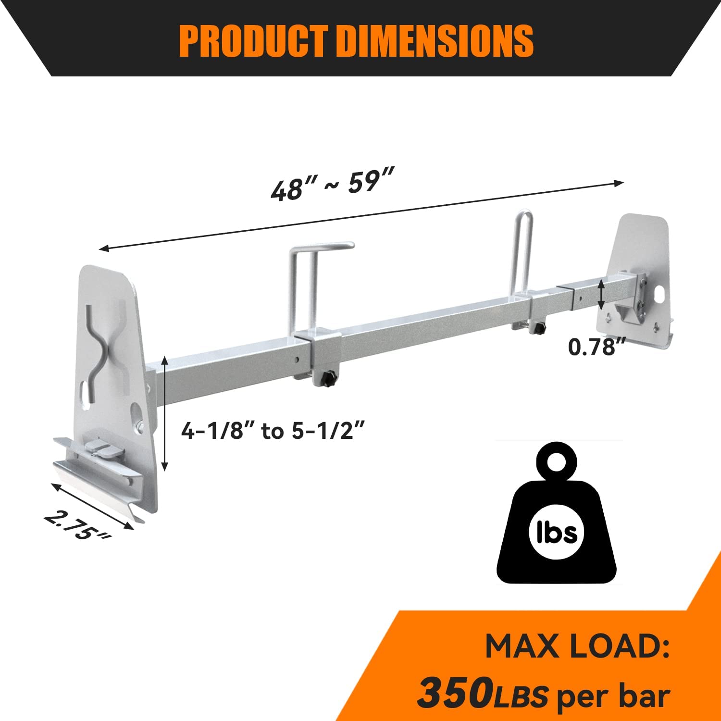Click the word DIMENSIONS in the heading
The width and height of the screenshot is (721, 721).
pyautogui.click(x=435, y=41)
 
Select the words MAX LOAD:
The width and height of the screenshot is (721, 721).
pyautogui.click(x=577, y=647)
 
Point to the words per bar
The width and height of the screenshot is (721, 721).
pyautogui.click(x=613, y=695)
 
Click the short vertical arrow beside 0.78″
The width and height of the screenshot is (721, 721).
pyautogui.click(x=601, y=295)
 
